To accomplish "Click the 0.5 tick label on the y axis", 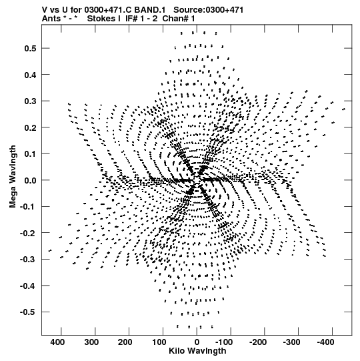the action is click(31, 49).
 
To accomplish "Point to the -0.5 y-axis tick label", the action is click(28, 312).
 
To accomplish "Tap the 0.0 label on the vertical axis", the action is click(31, 180).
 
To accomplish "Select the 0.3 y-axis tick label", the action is click(31, 101).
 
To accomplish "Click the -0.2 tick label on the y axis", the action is click(28, 234).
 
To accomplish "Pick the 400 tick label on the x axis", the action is click(57, 342).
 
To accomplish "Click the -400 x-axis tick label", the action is click(325, 342).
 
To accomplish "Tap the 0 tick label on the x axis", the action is click(197, 342).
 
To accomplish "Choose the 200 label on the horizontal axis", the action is click(125, 342).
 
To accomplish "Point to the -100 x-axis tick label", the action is click(224, 342).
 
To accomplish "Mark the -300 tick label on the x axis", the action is click(291, 342).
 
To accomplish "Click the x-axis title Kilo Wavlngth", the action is click(197, 351).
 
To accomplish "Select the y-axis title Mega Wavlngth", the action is click(13, 177).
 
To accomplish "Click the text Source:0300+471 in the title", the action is click(208, 10).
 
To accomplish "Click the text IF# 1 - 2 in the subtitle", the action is click(141, 19).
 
